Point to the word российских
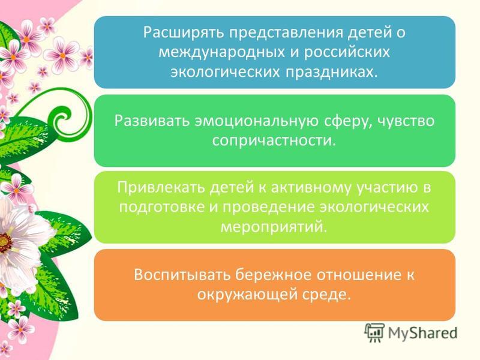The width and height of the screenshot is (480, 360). [347, 52]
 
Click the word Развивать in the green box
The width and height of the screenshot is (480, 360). [152, 121]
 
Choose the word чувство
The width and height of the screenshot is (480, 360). [406, 121]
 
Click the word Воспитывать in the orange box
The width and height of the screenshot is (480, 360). [182, 275]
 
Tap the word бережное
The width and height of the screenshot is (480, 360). [273, 275]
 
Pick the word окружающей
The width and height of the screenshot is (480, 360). [247, 295]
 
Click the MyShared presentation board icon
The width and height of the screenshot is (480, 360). [374, 332]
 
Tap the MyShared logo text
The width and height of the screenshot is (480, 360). [422, 333]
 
